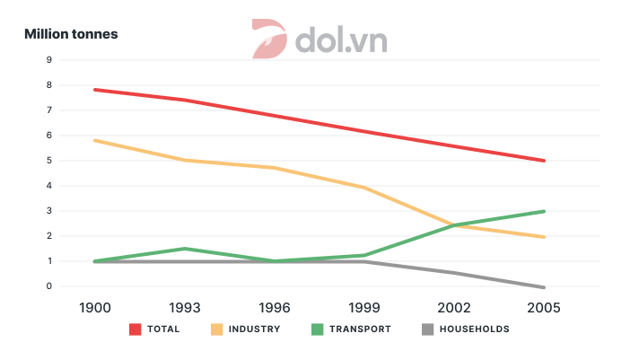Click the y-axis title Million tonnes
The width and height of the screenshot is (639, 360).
[x=71, y=34]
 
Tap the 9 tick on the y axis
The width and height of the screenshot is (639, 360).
[x=48, y=60]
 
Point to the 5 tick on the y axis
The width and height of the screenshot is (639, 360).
[x=48, y=161]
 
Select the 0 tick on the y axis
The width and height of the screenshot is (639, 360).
[x=48, y=286]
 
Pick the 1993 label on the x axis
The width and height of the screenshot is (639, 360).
[x=184, y=307]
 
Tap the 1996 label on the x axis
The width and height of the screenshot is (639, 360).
[x=274, y=307]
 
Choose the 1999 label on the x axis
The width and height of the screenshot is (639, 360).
[x=363, y=307]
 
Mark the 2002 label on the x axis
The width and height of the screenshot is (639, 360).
[x=454, y=307]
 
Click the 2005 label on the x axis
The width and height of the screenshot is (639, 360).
[x=544, y=307]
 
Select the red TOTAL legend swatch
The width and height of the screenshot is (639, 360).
[x=136, y=329]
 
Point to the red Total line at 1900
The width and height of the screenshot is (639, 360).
[x=94, y=90]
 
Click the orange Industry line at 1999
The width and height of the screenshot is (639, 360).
[x=363, y=188]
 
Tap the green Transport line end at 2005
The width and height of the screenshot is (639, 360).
[x=544, y=212]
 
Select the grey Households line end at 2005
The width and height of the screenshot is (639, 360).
[x=544, y=287]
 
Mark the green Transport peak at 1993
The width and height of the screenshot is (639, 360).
[x=184, y=249]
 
